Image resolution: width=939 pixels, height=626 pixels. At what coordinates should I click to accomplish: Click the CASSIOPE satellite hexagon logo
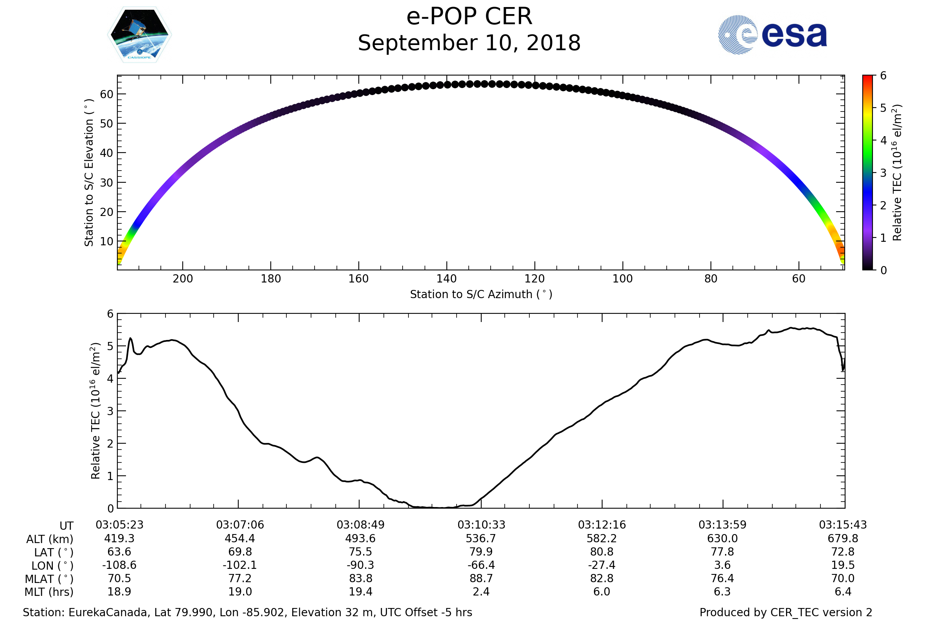139,35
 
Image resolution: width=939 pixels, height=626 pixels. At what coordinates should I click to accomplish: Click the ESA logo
772,35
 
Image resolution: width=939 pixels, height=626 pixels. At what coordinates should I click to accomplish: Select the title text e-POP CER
469,17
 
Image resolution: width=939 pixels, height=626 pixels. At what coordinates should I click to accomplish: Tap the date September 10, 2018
469,43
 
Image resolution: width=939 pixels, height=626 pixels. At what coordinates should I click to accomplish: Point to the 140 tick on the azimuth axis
446,279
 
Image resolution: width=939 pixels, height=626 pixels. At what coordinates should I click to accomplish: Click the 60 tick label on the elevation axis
106,94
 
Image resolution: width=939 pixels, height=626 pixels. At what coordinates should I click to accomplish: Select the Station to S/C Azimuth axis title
481,295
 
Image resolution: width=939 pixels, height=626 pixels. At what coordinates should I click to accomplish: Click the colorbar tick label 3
883,173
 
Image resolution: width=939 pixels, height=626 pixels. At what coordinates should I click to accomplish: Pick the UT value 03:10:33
481,525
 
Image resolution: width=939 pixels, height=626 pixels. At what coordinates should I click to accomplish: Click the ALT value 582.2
602,539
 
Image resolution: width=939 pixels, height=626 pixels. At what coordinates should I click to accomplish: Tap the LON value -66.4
481,565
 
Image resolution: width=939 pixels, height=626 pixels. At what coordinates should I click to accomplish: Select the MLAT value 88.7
481,579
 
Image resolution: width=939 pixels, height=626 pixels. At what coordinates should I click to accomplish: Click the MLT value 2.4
481,592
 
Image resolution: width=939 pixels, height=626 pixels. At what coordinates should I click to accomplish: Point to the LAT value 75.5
360,552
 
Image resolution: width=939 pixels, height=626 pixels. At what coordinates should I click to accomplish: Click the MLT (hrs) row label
49,592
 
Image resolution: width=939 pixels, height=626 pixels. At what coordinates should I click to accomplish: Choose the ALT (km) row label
50,540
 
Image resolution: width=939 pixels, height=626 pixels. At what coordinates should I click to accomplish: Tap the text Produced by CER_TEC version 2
786,612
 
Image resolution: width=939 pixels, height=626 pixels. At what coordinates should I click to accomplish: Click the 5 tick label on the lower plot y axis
110,346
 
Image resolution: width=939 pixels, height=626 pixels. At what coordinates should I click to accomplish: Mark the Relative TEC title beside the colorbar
897,173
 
